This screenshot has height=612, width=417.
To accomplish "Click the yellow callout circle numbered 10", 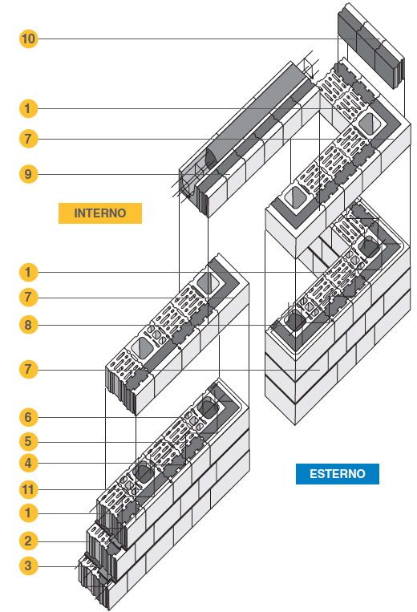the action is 29,39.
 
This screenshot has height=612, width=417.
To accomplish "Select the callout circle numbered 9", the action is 29,174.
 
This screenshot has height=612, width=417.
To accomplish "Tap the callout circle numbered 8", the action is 29,325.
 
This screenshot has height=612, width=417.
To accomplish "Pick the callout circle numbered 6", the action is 29,417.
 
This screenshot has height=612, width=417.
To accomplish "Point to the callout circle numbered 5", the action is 29,441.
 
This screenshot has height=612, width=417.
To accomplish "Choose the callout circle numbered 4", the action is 29,464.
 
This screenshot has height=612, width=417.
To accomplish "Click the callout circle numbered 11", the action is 29,489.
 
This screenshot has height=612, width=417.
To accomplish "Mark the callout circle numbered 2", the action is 29,541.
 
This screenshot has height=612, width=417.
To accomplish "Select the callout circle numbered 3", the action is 29,565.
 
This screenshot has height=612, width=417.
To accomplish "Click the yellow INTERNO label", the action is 100,213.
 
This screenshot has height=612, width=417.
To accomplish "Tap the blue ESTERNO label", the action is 338,474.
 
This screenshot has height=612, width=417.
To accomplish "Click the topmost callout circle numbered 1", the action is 29,108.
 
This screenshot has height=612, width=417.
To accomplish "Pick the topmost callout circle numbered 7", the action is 29,139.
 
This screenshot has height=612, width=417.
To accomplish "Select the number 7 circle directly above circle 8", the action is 29,298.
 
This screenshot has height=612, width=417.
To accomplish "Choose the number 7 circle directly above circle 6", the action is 29,369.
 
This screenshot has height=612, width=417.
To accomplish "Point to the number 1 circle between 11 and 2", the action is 29,513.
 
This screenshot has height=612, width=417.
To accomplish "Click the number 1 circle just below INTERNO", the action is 29,272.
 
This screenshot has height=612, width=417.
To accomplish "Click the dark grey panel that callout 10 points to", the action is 370,47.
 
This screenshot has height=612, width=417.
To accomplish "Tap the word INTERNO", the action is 100,213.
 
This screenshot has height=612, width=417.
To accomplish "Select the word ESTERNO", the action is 338,474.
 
